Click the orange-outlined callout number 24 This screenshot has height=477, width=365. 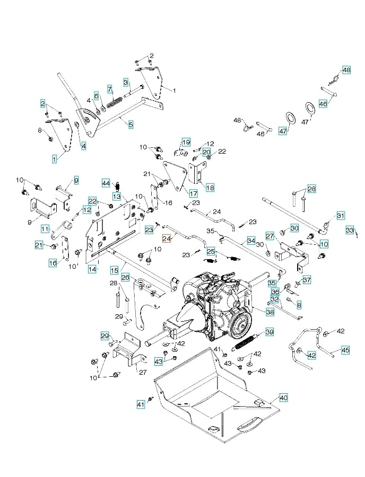[167, 239]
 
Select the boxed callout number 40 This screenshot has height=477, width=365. [283, 397]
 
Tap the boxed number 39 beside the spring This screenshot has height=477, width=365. [270, 332]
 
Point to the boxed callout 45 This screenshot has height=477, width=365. [345, 350]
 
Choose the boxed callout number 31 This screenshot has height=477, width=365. [341, 216]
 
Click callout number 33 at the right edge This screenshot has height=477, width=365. [350, 231]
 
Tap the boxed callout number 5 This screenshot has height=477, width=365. [131, 125]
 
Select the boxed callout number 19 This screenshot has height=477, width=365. [186, 142]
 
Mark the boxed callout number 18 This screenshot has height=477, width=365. [210, 188]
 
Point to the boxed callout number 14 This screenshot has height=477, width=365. [92, 269]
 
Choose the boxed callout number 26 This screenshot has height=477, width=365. [125, 277]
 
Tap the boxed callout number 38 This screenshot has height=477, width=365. [270, 313]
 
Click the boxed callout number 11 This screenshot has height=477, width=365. [46, 228]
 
